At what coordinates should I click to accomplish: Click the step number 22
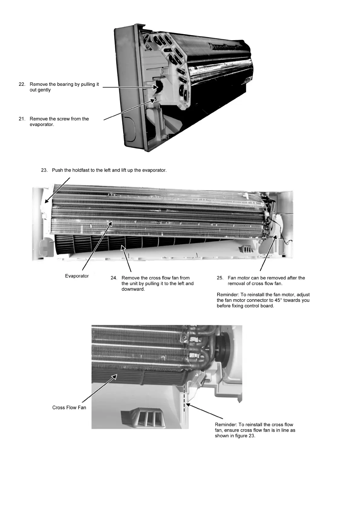[x=22, y=84]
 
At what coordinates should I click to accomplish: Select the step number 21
[x=22, y=119]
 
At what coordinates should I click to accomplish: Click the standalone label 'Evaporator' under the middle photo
[x=77, y=276]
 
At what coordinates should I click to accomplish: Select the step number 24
[x=114, y=278]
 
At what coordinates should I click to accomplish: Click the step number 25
[x=220, y=278]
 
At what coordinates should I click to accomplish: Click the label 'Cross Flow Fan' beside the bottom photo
[x=69, y=407]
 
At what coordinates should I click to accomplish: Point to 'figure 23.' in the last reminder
[x=244, y=436]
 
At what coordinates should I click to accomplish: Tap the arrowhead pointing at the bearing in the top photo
[x=156, y=87]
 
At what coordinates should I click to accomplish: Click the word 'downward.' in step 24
[x=133, y=289]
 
